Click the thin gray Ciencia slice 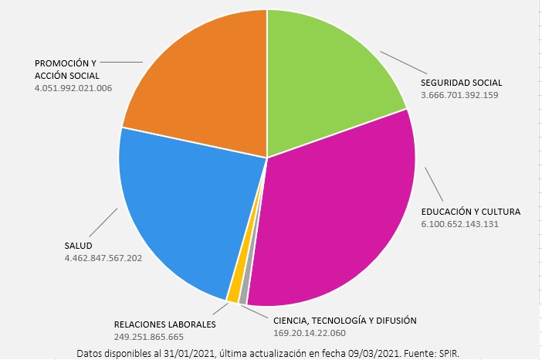243,297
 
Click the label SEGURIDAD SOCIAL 461,83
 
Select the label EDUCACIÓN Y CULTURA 470,211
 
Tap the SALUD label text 78,246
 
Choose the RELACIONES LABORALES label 164,324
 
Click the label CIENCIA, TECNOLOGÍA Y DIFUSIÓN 344,321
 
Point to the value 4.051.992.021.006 73,88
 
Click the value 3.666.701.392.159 459,95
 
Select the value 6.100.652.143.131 459,223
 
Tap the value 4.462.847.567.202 103,258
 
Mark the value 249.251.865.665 149,337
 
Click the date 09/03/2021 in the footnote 369,353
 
